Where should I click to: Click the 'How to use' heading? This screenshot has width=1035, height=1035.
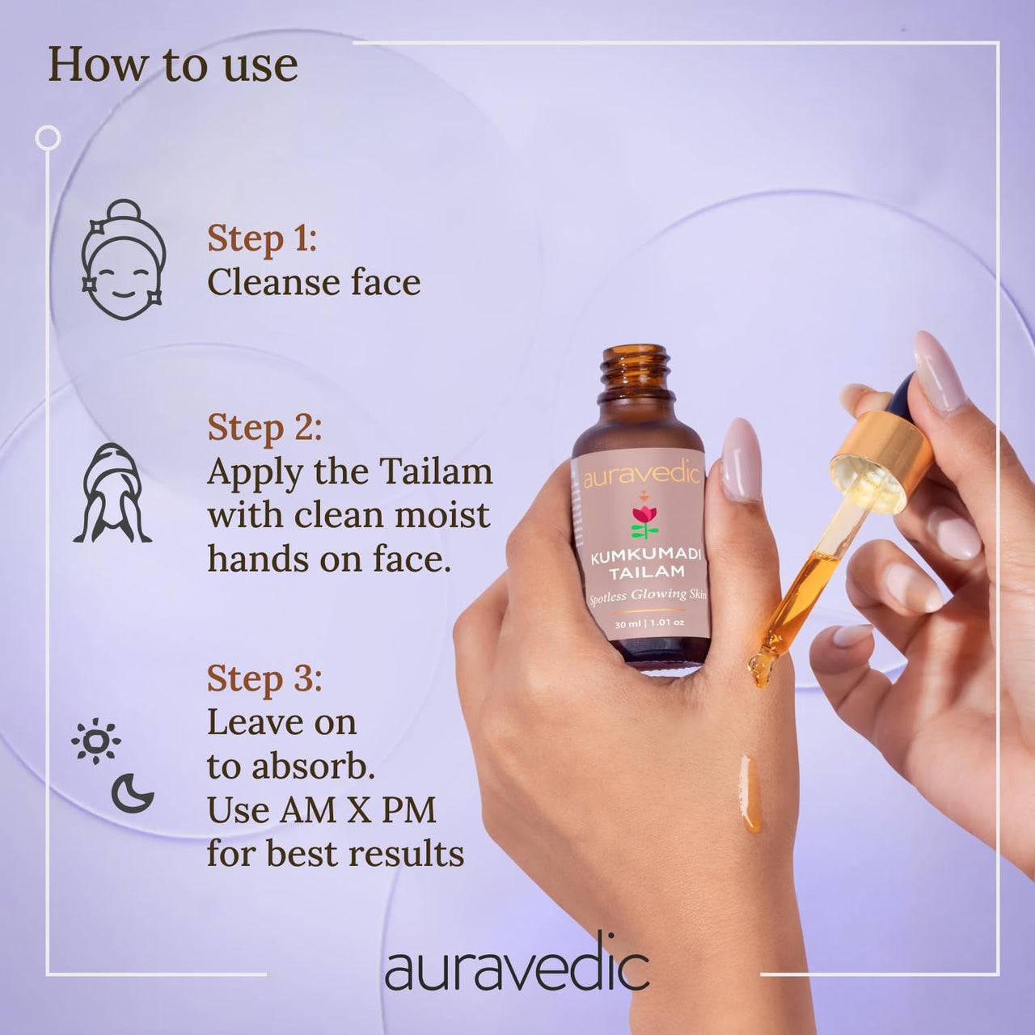(172, 65)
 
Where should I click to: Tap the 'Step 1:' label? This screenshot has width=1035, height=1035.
(261, 239)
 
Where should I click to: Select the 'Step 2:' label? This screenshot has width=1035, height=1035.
(264, 428)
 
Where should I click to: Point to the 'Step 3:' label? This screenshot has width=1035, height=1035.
(264, 678)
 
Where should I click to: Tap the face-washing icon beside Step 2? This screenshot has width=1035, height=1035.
(112, 493)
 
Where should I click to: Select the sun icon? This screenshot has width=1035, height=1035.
(96, 740)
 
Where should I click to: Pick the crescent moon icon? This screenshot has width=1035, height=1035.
(132, 793)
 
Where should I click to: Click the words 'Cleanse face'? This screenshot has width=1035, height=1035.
(314, 282)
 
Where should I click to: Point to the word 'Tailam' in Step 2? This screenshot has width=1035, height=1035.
(436, 471)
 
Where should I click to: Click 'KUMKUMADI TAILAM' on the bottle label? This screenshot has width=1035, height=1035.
(645, 564)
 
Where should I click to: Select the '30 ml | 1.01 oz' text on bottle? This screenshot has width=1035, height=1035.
(649, 623)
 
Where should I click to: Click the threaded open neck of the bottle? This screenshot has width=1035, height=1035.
(636, 371)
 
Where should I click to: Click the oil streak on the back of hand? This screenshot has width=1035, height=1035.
(750, 792)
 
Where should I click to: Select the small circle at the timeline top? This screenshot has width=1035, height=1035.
(48, 138)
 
